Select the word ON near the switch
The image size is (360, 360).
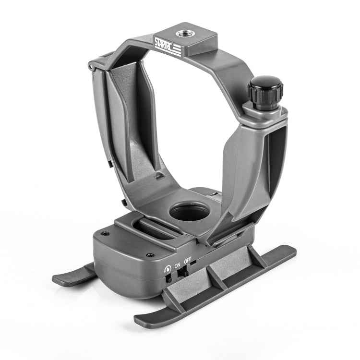[x=177, y=264]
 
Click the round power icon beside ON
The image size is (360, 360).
[x=166, y=267]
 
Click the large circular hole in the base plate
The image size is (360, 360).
[x=188, y=211]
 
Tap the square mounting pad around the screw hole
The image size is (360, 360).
[x=187, y=36]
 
